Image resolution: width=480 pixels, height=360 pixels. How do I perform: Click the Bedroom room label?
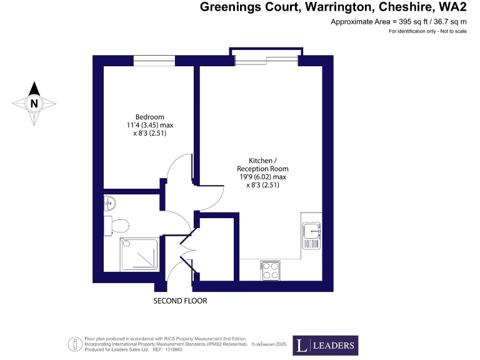pyautogui.click(x=150, y=117)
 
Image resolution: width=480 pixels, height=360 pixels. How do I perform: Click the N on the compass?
pyautogui.click(x=34, y=103)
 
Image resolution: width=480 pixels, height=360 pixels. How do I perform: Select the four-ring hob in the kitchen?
pyautogui.click(x=270, y=271)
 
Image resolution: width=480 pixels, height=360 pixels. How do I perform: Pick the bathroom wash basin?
pyautogui.click(x=111, y=202)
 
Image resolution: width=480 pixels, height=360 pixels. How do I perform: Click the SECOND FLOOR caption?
pyautogui.click(x=180, y=301)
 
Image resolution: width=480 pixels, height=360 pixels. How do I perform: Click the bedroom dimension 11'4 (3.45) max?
pyautogui.click(x=150, y=125)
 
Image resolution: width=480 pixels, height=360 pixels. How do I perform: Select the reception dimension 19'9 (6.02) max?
pyautogui.click(x=262, y=177)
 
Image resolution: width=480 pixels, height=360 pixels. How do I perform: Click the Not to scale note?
pyautogui.click(x=448, y=31)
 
